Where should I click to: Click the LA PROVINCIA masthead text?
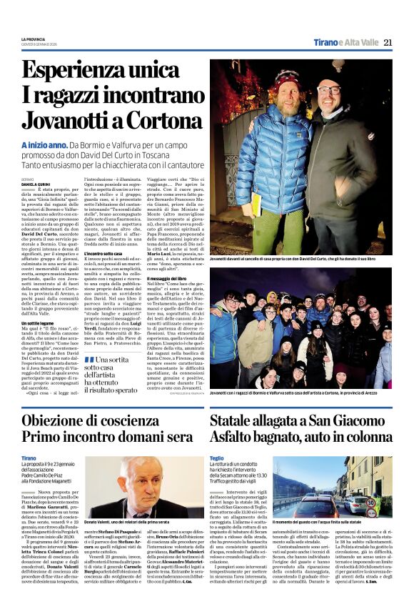31,39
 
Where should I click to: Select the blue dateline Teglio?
217,458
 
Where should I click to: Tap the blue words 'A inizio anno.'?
45,145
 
